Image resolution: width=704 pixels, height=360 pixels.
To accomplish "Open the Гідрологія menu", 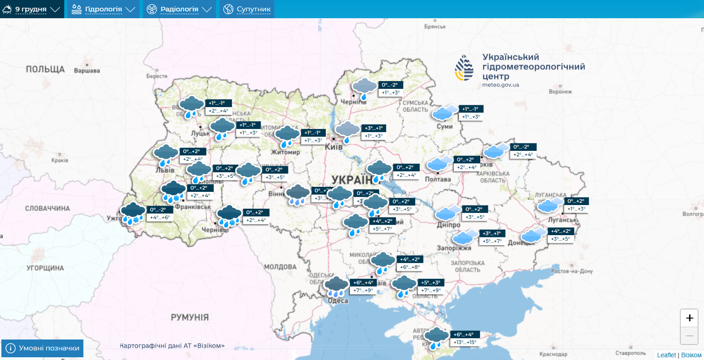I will [103, 9].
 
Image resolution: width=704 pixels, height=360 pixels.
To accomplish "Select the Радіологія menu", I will [180, 9].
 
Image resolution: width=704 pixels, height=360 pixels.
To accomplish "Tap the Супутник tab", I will [247, 9].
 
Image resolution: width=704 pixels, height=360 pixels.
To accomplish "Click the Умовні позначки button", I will [43, 348].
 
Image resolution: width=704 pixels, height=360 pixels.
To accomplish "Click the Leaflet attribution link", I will [666, 355].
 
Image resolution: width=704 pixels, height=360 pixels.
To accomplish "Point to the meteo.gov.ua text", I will [500, 85].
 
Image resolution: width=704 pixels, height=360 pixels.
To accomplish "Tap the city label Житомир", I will [285, 152].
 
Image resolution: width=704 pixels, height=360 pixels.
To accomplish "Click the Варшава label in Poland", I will [87, 71].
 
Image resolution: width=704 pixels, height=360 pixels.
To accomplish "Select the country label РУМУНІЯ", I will [190, 317].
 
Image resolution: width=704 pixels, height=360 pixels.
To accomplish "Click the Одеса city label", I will [338, 301].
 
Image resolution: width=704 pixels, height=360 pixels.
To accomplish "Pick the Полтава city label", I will [437, 179].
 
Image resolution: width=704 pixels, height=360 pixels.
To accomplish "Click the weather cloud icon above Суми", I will [445, 112].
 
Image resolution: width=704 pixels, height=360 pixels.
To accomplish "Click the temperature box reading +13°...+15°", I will [465, 342].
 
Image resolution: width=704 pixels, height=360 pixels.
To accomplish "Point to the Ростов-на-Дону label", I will [571, 271].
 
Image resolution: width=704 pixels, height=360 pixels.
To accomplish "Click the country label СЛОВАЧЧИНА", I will [47, 208].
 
